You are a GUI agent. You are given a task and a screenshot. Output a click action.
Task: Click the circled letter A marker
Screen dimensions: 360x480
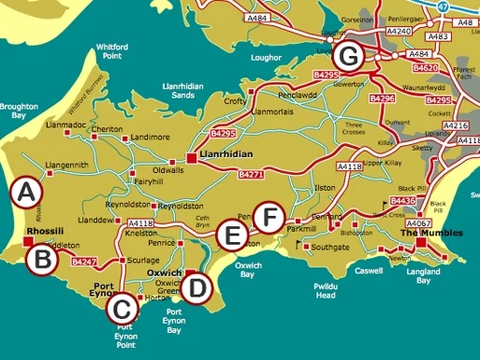(x=25, y=193)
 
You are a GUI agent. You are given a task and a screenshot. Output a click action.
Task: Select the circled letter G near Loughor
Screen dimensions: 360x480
(x=348, y=56)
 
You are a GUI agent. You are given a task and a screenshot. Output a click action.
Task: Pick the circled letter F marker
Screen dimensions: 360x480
(x=269, y=218)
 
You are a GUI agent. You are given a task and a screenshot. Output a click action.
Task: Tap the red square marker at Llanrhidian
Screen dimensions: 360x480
(x=192, y=159)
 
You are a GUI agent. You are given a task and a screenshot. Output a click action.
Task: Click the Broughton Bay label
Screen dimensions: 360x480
(x=18, y=112)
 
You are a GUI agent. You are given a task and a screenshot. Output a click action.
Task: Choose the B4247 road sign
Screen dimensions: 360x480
(x=84, y=262)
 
